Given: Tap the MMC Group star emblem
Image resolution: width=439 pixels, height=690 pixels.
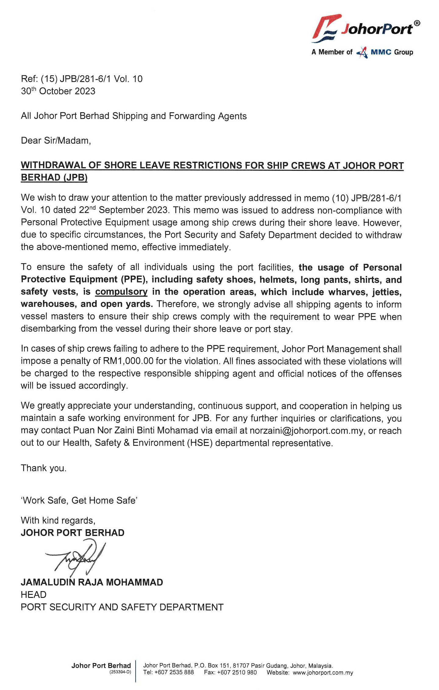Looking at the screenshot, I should tap(362, 52).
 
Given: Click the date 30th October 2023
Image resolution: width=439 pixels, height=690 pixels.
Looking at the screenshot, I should tap(58, 91).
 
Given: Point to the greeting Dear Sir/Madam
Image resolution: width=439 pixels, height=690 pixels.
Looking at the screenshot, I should tap(56, 141).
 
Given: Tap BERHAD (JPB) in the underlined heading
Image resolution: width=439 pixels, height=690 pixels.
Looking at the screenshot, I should tap(54, 178).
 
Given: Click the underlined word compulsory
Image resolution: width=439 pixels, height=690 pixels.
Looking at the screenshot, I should tap(121, 292).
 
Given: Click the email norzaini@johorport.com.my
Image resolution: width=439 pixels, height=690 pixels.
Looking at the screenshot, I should tap(306, 431).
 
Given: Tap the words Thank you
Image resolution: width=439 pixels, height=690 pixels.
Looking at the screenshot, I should tap(44, 468).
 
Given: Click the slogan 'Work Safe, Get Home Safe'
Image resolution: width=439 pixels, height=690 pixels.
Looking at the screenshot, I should tap(79, 501).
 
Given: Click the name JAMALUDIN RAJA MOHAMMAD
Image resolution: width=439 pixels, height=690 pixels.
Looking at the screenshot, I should tap(92, 582).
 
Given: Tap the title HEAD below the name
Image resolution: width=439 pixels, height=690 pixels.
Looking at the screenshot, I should tap(34, 595).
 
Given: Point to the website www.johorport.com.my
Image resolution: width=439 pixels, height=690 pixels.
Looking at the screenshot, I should tap(323, 673).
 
